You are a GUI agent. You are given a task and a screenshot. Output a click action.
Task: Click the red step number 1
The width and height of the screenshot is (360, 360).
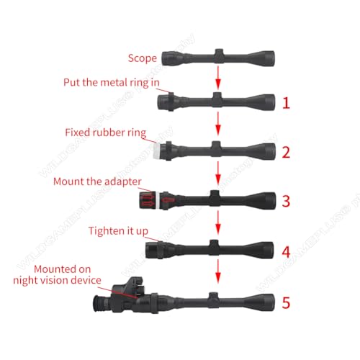(286, 104)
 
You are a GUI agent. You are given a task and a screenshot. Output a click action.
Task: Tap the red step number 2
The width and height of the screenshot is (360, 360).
(286, 152)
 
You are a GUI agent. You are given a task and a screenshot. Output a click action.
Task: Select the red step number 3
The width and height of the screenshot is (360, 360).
(286, 201)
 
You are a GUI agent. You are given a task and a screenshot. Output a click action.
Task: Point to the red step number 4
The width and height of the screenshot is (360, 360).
(286, 253)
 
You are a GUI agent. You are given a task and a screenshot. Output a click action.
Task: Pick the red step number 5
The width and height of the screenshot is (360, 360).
(286, 303)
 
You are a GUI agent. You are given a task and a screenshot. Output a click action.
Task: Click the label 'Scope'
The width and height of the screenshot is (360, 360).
(143, 58)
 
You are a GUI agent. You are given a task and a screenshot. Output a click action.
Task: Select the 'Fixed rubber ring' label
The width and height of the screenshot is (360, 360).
(106, 132)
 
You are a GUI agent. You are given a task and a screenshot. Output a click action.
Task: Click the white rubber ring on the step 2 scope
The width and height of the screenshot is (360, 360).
(157, 150)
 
